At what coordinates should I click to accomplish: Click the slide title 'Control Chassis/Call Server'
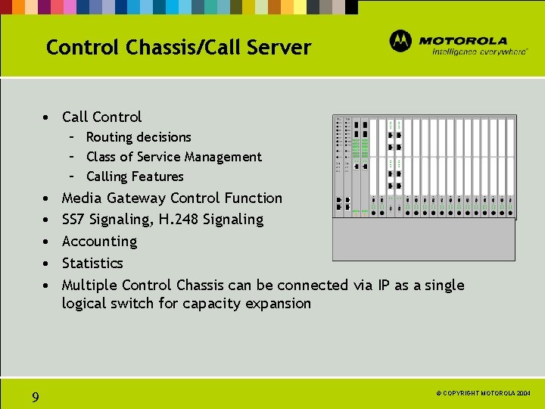(x=178, y=48)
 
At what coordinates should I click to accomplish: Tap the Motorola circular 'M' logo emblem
(x=400, y=41)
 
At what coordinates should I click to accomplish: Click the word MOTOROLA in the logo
(x=463, y=40)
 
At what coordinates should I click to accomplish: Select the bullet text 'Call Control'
(x=101, y=117)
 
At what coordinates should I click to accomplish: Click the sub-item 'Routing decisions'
(x=139, y=137)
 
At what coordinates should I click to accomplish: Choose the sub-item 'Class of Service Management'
(x=173, y=157)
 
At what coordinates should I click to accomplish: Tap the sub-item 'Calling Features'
(x=135, y=176)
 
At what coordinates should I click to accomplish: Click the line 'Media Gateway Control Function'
(x=172, y=198)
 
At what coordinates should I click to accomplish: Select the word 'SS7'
(x=74, y=220)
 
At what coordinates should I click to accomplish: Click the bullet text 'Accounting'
(x=99, y=242)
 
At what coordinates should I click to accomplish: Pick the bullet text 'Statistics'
(x=92, y=264)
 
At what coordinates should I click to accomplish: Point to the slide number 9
(x=36, y=397)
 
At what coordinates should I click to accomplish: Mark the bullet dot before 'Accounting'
(x=47, y=242)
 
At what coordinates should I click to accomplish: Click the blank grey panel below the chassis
(x=424, y=240)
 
